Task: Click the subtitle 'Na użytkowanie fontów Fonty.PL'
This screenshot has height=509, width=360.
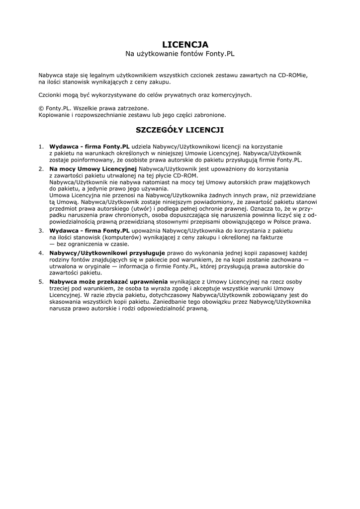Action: pyautogui.click(x=180, y=53)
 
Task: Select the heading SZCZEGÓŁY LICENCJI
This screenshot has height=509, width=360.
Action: pyautogui.click(x=180, y=130)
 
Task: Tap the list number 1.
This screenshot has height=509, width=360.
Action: pyautogui.click(x=41, y=147)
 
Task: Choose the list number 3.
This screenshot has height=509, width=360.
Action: pyautogui.click(x=41, y=231)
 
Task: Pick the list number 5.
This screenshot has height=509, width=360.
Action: pyautogui.click(x=41, y=281)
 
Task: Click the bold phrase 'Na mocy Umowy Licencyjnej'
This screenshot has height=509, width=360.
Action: pyautogui.click(x=93, y=170)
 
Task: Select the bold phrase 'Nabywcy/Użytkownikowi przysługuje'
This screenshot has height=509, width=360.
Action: pyautogui.click(x=107, y=254)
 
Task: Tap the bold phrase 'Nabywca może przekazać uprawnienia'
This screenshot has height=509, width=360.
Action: pyautogui.click(x=108, y=281)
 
